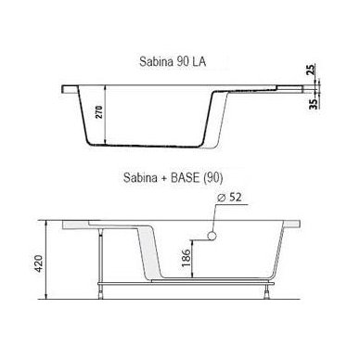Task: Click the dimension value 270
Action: pyautogui.click(x=98, y=112)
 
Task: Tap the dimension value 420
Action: pyautogui.click(x=38, y=264)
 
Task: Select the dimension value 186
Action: pyautogui.click(x=186, y=258)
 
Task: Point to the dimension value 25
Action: pyautogui.click(x=312, y=70)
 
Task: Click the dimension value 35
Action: pyautogui.click(x=314, y=104)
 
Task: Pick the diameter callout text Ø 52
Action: pyautogui.click(x=229, y=198)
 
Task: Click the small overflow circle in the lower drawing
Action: pyautogui.click(x=212, y=236)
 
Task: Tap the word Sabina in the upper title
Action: pyautogui.click(x=156, y=61)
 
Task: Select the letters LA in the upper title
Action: pyautogui.click(x=199, y=61)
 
